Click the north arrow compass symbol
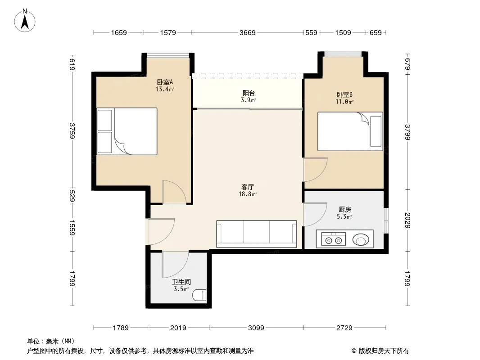coord(25,21)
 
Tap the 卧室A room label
coord(165,82)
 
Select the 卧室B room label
coord(344,94)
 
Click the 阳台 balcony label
coord(249,93)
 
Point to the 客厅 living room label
coord(248,187)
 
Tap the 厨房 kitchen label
coord(345,210)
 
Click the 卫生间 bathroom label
coord(181,282)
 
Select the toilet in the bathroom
coord(199,295)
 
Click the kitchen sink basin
coord(361,240)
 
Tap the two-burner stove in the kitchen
coord(333,239)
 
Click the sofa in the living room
coord(257,234)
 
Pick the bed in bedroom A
coord(127,131)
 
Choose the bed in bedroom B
coord(350,131)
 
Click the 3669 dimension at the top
coord(247,32)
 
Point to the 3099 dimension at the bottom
coord(256,328)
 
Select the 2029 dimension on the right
coord(407,220)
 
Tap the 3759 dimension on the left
coord(72,130)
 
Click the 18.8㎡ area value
coord(248,194)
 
